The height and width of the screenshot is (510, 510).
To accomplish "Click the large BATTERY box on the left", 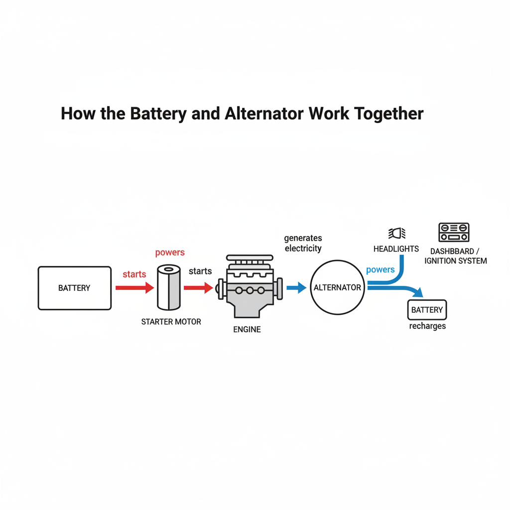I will click(75, 288).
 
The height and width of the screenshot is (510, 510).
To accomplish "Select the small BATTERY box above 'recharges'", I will click(427, 310).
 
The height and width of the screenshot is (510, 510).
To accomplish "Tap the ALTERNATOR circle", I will click(337, 288).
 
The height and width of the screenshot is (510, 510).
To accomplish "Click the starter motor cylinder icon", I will click(168, 288).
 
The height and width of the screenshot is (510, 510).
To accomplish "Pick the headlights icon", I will click(396, 233).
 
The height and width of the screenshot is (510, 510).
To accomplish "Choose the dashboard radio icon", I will click(454, 233).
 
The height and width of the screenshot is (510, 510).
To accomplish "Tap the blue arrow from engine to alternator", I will click(296, 287).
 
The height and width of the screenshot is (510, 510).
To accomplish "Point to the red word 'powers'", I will click(170, 253).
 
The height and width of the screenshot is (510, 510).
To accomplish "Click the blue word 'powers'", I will click(380, 270).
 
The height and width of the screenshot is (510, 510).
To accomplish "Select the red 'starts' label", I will click(134, 274).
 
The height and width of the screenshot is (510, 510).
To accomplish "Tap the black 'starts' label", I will click(200, 271).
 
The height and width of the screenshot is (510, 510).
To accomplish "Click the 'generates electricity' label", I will click(303, 243).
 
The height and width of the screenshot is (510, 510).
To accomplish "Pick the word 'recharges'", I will click(427, 326).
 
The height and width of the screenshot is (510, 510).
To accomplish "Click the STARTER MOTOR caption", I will click(171, 322).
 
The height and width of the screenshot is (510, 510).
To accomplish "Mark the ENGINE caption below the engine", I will click(247, 330).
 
